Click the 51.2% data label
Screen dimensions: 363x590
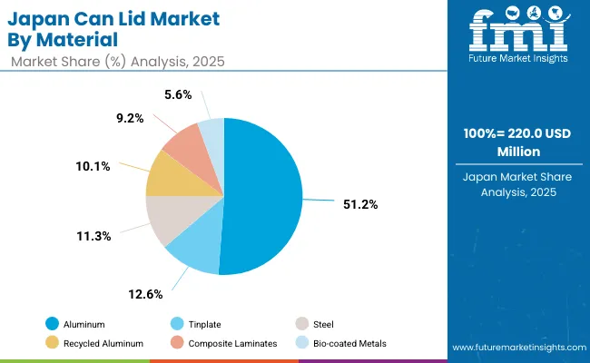[359, 204]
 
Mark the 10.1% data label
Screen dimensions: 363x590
[93, 165]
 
